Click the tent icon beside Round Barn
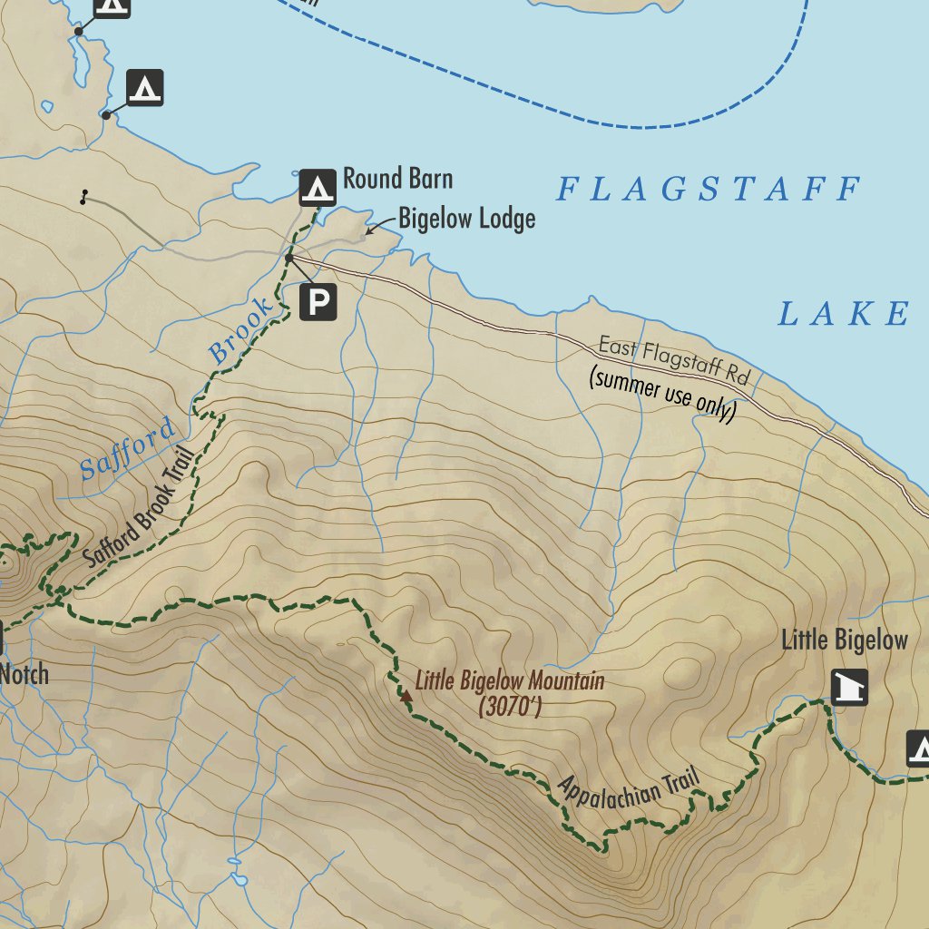[x=318, y=188]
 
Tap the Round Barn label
[x=397, y=179]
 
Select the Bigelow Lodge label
[x=466, y=219]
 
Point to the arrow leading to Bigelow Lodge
[x=379, y=226]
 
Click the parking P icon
[x=318, y=302]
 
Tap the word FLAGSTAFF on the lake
[x=708, y=190]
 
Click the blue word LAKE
[x=843, y=314]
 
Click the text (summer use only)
[x=661, y=394]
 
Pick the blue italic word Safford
[x=126, y=450]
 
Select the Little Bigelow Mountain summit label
[x=510, y=680]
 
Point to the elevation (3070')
[x=510, y=707]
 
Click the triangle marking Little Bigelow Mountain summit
[x=406, y=697]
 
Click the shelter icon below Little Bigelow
[x=849, y=688]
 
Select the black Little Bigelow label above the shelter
[x=844, y=641]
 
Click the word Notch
[x=24, y=675]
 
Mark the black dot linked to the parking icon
[x=288, y=259]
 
